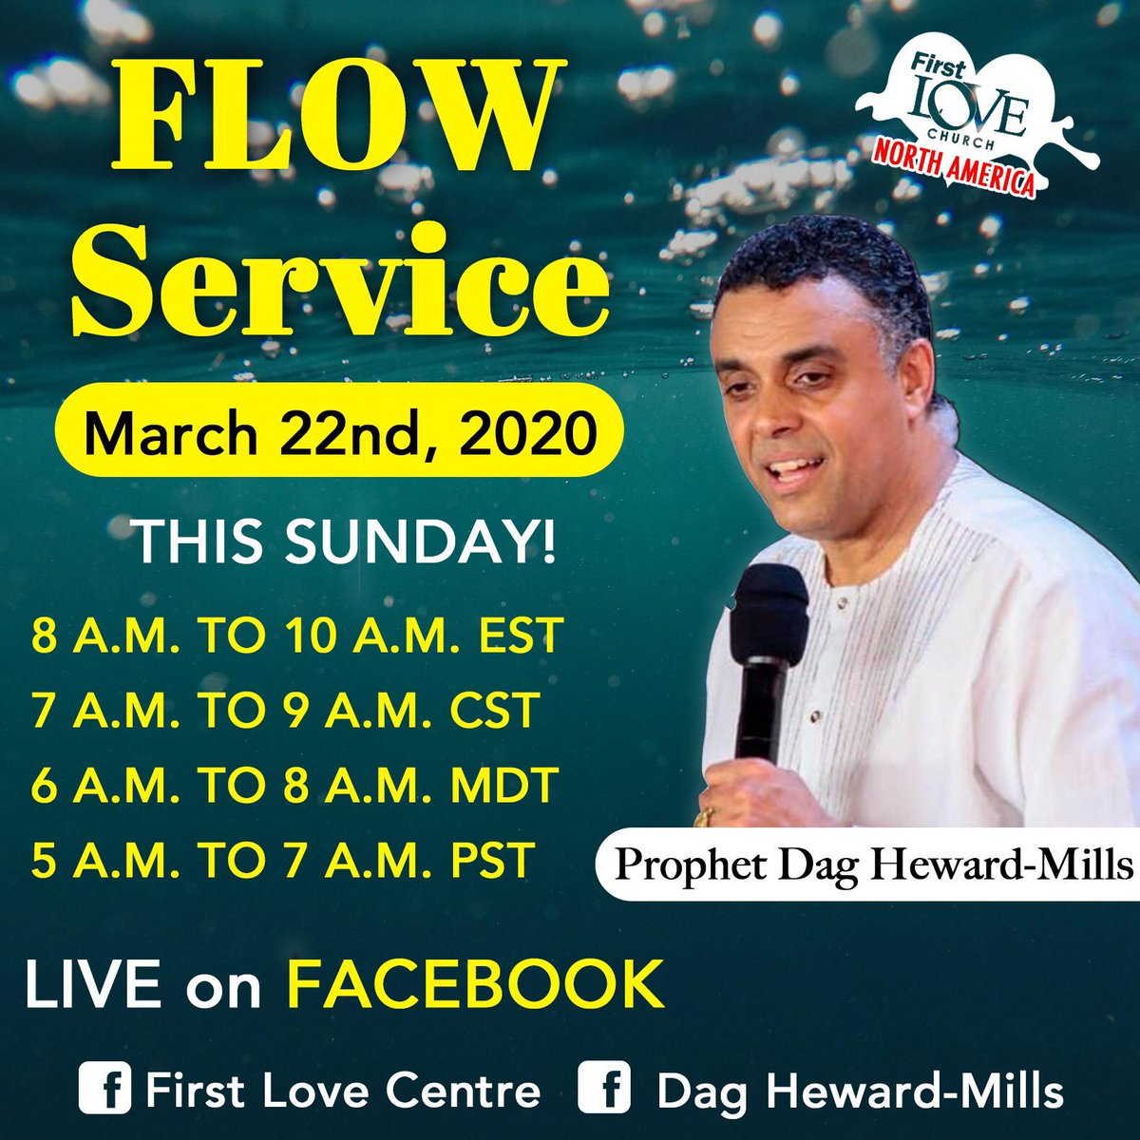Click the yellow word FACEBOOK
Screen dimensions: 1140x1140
coord(475,985)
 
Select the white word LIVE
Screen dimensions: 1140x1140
coord(93,985)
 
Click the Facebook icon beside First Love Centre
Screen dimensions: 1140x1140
coord(104,1089)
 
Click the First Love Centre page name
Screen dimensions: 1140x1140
coord(342,1090)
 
